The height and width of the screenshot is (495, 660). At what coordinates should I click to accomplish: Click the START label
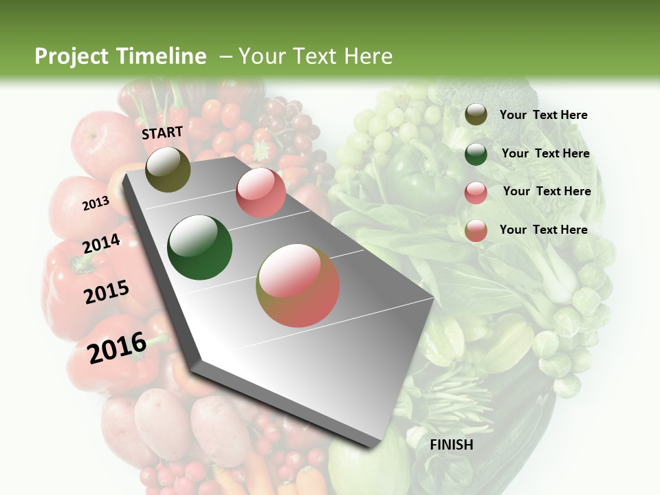[x=162, y=133]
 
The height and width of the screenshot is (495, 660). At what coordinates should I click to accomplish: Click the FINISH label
[x=451, y=445]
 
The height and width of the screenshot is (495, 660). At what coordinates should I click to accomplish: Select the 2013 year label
[x=96, y=203]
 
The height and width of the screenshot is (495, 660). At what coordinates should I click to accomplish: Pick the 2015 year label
[x=106, y=292]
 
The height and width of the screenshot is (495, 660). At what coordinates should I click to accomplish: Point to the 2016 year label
[x=116, y=348]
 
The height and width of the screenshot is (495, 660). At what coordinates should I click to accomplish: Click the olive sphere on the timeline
[x=168, y=169]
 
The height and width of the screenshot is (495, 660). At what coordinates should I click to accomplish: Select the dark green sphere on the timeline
[x=199, y=247]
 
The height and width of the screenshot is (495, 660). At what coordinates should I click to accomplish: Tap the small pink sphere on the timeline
[x=261, y=192]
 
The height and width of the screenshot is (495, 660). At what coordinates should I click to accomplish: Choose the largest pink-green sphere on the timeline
[x=298, y=285]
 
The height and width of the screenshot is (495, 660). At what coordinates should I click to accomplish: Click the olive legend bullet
[x=476, y=115]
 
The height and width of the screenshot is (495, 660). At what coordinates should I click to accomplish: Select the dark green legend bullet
[x=476, y=153]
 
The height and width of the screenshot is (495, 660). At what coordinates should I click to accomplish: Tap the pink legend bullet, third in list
[x=476, y=192]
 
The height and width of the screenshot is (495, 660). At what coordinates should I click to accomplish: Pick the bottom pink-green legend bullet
[x=476, y=230]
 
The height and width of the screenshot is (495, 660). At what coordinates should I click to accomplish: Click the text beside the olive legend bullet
[x=543, y=115]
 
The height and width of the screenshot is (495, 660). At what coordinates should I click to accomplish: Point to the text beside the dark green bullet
[x=545, y=153]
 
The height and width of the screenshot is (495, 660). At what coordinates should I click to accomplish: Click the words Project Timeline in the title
[x=120, y=56]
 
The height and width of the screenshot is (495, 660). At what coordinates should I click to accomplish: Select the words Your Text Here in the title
[x=315, y=56]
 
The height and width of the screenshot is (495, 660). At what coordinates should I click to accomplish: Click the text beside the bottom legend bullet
[x=543, y=230]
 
